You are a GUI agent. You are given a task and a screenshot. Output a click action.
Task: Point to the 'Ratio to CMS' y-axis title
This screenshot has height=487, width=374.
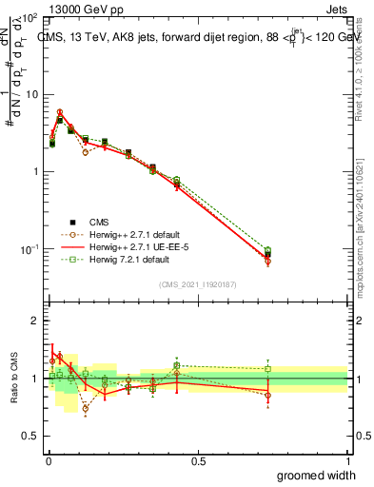click(12, 379)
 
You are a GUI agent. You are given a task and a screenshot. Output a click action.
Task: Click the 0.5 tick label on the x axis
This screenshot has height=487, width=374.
click(197, 460)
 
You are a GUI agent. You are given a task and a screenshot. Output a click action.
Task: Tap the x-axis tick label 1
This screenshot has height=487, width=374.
click(347, 460)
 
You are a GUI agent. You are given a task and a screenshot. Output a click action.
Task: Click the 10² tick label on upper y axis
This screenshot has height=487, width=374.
click(29, 19)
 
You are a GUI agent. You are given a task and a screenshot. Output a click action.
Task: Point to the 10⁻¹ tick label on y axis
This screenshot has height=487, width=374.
click(29, 249)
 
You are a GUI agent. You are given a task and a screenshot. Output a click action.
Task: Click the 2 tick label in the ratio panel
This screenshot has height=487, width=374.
click(34, 321)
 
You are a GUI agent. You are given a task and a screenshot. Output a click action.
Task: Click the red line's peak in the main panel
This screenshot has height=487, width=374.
click(59, 112)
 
